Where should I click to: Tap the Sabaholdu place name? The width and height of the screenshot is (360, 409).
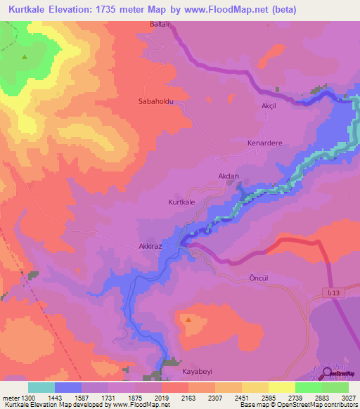pos(155,101)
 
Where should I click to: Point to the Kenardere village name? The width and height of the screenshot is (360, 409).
pos(264,143)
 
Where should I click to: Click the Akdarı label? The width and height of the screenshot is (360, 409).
pos(231,178)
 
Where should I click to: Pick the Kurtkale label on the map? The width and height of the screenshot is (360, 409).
pos(181,202)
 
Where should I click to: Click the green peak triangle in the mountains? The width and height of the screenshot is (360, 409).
pos(25,57)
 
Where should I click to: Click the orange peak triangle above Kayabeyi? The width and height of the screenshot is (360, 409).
pos(188,320)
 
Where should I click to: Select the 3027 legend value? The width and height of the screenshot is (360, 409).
pos(338,398)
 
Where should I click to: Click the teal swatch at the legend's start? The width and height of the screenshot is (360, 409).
pos(41,387)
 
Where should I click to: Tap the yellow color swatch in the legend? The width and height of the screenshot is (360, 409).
pos(281,387)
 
